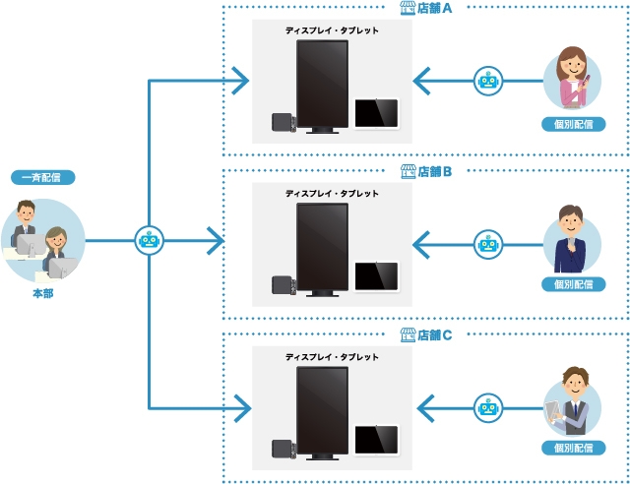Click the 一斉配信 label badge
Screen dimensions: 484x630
[43, 178]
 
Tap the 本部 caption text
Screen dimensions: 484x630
[43, 293]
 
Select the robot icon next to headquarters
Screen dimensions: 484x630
[149, 239]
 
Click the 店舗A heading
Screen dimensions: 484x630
[427, 8]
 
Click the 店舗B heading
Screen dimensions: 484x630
[427, 171]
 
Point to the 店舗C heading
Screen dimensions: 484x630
[427, 334]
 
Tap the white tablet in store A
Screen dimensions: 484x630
[376, 113]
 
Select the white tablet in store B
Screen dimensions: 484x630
[376, 275]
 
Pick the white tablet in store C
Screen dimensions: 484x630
[376, 439]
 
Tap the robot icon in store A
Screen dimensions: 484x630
[488, 81]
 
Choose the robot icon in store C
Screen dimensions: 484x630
[488, 406]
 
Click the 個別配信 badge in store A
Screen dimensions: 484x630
[573, 125]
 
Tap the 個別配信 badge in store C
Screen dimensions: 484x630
[573, 449]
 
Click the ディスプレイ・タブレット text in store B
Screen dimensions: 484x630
[332, 194]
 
